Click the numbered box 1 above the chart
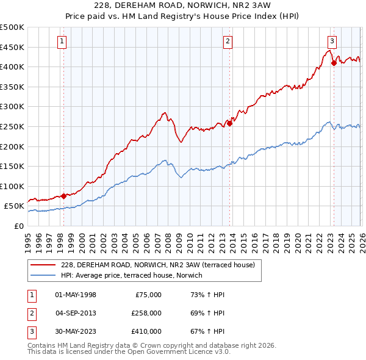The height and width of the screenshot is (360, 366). click(x=63, y=41)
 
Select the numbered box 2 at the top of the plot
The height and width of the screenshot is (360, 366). click(x=228, y=41)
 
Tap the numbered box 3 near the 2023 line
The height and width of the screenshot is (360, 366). click(x=332, y=41)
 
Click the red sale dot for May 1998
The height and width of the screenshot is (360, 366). click(x=63, y=196)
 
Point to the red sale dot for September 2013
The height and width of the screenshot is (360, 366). click(x=230, y=123)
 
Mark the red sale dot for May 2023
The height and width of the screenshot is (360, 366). click(x=334, y=62)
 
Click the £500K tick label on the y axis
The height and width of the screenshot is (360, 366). click(x=12, y=27)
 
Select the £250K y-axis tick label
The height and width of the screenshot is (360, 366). click(x=12, y=126)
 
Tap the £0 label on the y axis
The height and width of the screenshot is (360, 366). click(x=18, y=226)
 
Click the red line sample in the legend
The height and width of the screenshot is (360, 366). click(x=43, y=265)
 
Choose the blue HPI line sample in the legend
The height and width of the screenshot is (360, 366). click(x=43, y=275)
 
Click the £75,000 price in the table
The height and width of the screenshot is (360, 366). click(x=146, y=295)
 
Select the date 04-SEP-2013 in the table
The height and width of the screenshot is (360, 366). click(x=75, y=313)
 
